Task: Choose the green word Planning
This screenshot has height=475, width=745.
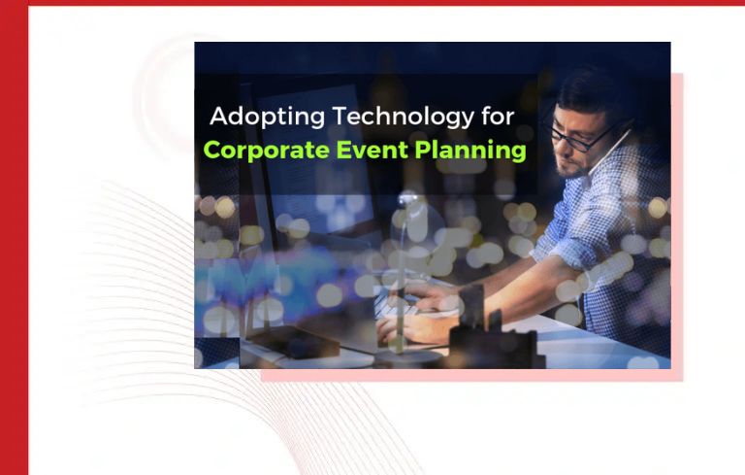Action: (x=475, y=152)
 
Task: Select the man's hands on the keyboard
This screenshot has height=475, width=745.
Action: (x=412, y=316)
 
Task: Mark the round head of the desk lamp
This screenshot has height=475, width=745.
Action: (x=408, y=203)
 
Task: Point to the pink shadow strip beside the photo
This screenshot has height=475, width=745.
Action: (x=676, y=223)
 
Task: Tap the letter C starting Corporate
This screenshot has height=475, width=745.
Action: (x=211, y=152)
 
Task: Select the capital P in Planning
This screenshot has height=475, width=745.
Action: (x=433, y=152)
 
